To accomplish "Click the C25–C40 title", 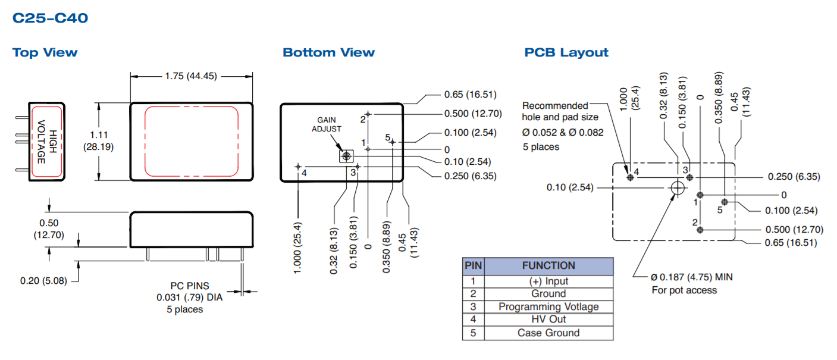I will coord(50,18).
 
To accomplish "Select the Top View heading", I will coord(45,52).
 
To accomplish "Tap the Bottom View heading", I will coord(328,52).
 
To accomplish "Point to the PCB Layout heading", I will coord(566,52).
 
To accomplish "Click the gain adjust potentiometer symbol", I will coord(346,156).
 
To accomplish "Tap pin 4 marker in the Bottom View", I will coord(298,167).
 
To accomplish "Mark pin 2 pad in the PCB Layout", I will coord(700,230).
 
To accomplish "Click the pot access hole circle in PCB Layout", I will coord(677,188).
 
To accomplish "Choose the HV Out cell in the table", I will coord(548,320).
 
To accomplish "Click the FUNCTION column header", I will coord(548,266).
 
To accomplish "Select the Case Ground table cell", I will coord(548,333).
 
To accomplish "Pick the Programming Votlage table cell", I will coord(548,306).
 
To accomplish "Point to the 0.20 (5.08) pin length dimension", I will coord(43,280).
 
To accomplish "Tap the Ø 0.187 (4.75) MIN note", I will coord(692,277).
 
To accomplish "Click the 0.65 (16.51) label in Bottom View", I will coord(470,95).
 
